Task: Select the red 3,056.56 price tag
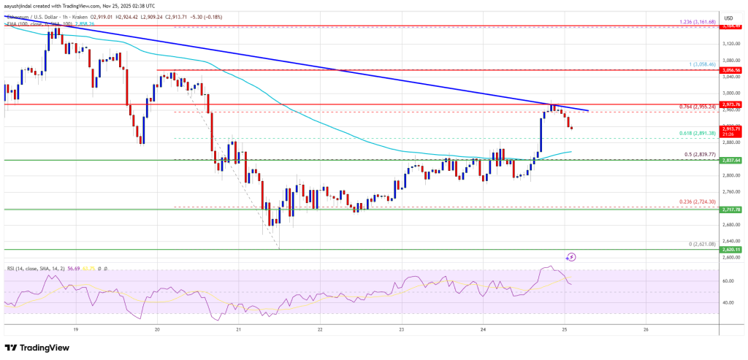pos(733,71)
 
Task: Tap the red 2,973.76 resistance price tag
pos(733,104)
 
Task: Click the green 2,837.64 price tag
pos(733,161)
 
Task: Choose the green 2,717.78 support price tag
pos(733,210)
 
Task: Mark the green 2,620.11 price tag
pos(733,250)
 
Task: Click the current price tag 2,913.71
pos(733,129)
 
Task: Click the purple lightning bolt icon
pos(572,257)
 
